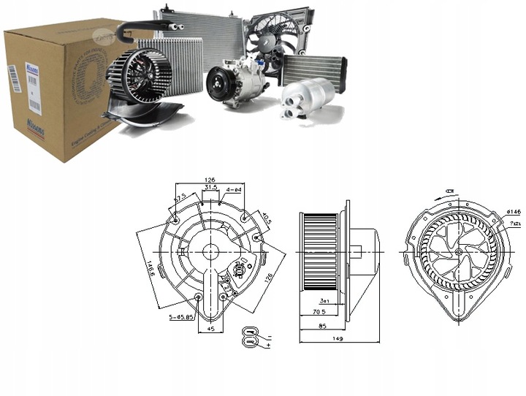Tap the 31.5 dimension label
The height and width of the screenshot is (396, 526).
pyautogui.click(x=210, y=187)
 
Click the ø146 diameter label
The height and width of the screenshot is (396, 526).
pyautogui.click(x=513, y=211)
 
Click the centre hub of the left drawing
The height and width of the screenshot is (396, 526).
pyautogui.click(x=210, y=251)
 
